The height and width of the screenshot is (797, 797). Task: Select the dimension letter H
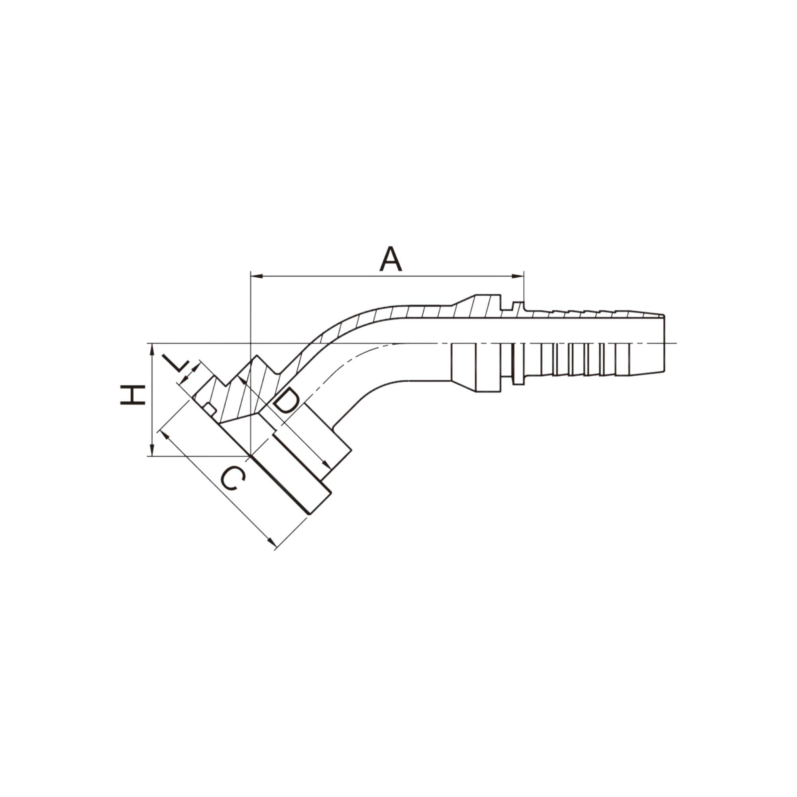133,395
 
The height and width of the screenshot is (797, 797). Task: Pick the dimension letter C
234,479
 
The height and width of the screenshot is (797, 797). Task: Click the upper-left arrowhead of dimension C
163,434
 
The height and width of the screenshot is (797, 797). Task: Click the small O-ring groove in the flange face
210,409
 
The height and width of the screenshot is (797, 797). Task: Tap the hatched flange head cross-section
243,396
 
